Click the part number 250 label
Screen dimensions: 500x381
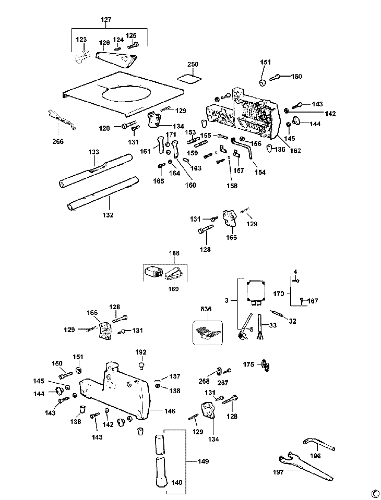[x=193, y=64]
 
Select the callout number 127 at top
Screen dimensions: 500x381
[x=106, y=20]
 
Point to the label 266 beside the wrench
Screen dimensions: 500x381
[x=57, y=141]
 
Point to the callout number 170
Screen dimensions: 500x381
[x=279, y=294]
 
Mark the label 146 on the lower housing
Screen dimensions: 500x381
[x=170, y=411]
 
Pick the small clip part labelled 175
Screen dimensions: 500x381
[x=266, y=365]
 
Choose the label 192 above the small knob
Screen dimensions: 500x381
[x=141, y=351]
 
